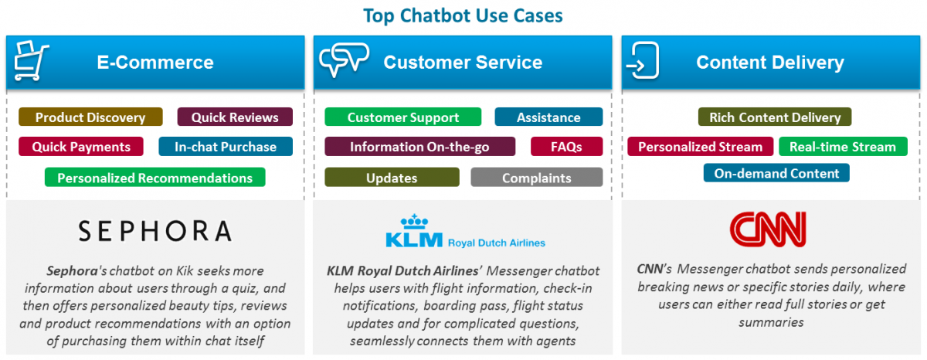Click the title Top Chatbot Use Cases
coord(463,15)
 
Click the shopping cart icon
coord(32,62)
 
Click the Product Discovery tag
coord(90,117)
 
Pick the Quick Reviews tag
coord(235,117)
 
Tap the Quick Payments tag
coord(81,147)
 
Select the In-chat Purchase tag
coord(226,147)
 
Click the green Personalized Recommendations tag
coord(154,178)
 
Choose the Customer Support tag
coord(402,117)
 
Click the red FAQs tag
coord(566,147)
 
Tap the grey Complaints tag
coord(536,178)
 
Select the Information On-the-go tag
coord(419,147)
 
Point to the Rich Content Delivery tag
coord(775,117)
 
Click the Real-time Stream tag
coord(842,147)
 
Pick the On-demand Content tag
coord(776,173)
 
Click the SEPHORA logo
coord(154,230)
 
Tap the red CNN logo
coord(768,229)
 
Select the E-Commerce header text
coord(155,62)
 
